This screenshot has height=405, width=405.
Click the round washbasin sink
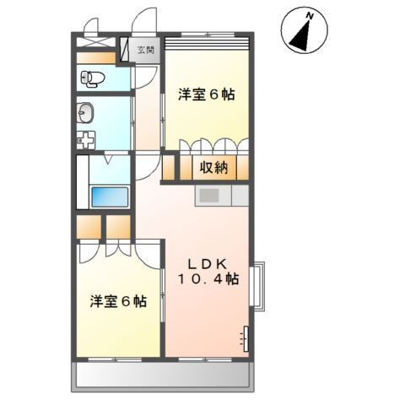coord(85,111)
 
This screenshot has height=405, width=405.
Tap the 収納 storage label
coord(213,167)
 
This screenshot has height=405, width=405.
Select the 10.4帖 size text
coord(208,279)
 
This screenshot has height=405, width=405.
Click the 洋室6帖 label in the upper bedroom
coord(206,94)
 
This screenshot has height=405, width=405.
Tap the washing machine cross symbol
coord(84,140)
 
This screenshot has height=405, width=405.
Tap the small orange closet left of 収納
coord(170,167)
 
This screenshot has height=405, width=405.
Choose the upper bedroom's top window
coord(208,40)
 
